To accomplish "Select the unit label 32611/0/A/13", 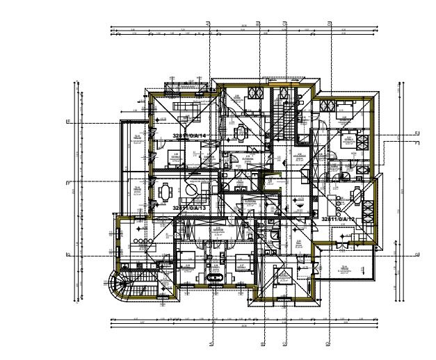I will click(x=190, y=208).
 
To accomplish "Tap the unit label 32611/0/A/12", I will click(x=339, y=218).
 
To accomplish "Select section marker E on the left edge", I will click(x=68, y=122).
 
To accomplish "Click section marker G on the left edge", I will click(x=68, y=255).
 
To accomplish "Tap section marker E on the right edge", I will click(x=416, y=133).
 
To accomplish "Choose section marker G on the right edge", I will click(x=416, y=255).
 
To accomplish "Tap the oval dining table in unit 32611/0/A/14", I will click(x=241, y=130).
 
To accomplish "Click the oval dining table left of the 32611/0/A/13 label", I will click(x=165, y=190).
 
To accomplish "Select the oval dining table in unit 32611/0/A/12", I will click(x=356, y=195).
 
